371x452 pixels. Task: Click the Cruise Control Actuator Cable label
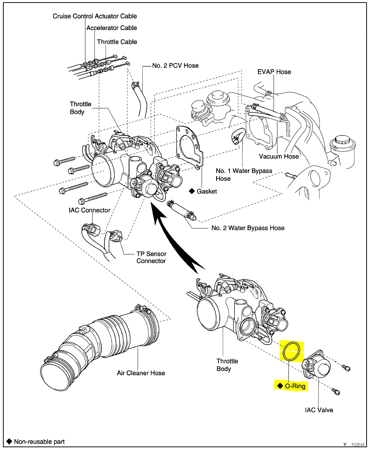(95, 16)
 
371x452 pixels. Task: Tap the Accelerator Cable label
(112, 28)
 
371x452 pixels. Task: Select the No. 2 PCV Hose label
(175, 66)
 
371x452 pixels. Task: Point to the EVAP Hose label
(274, 72)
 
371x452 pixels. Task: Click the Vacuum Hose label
(279, 157)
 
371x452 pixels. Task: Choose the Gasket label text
(207, 191)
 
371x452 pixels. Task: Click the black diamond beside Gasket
(192, 191)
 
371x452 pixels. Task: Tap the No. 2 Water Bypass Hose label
(248, 228)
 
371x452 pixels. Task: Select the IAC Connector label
(90, 210)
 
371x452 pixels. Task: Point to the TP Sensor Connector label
(151, 257)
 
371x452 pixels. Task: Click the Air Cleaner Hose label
(141, 373)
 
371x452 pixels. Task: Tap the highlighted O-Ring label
(295, 386)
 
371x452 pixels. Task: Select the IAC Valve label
(319, 410)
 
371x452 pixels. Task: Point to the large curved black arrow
(172, 242)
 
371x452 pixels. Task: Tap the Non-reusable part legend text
(39, 441)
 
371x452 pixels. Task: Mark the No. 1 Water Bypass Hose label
(244, 174)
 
